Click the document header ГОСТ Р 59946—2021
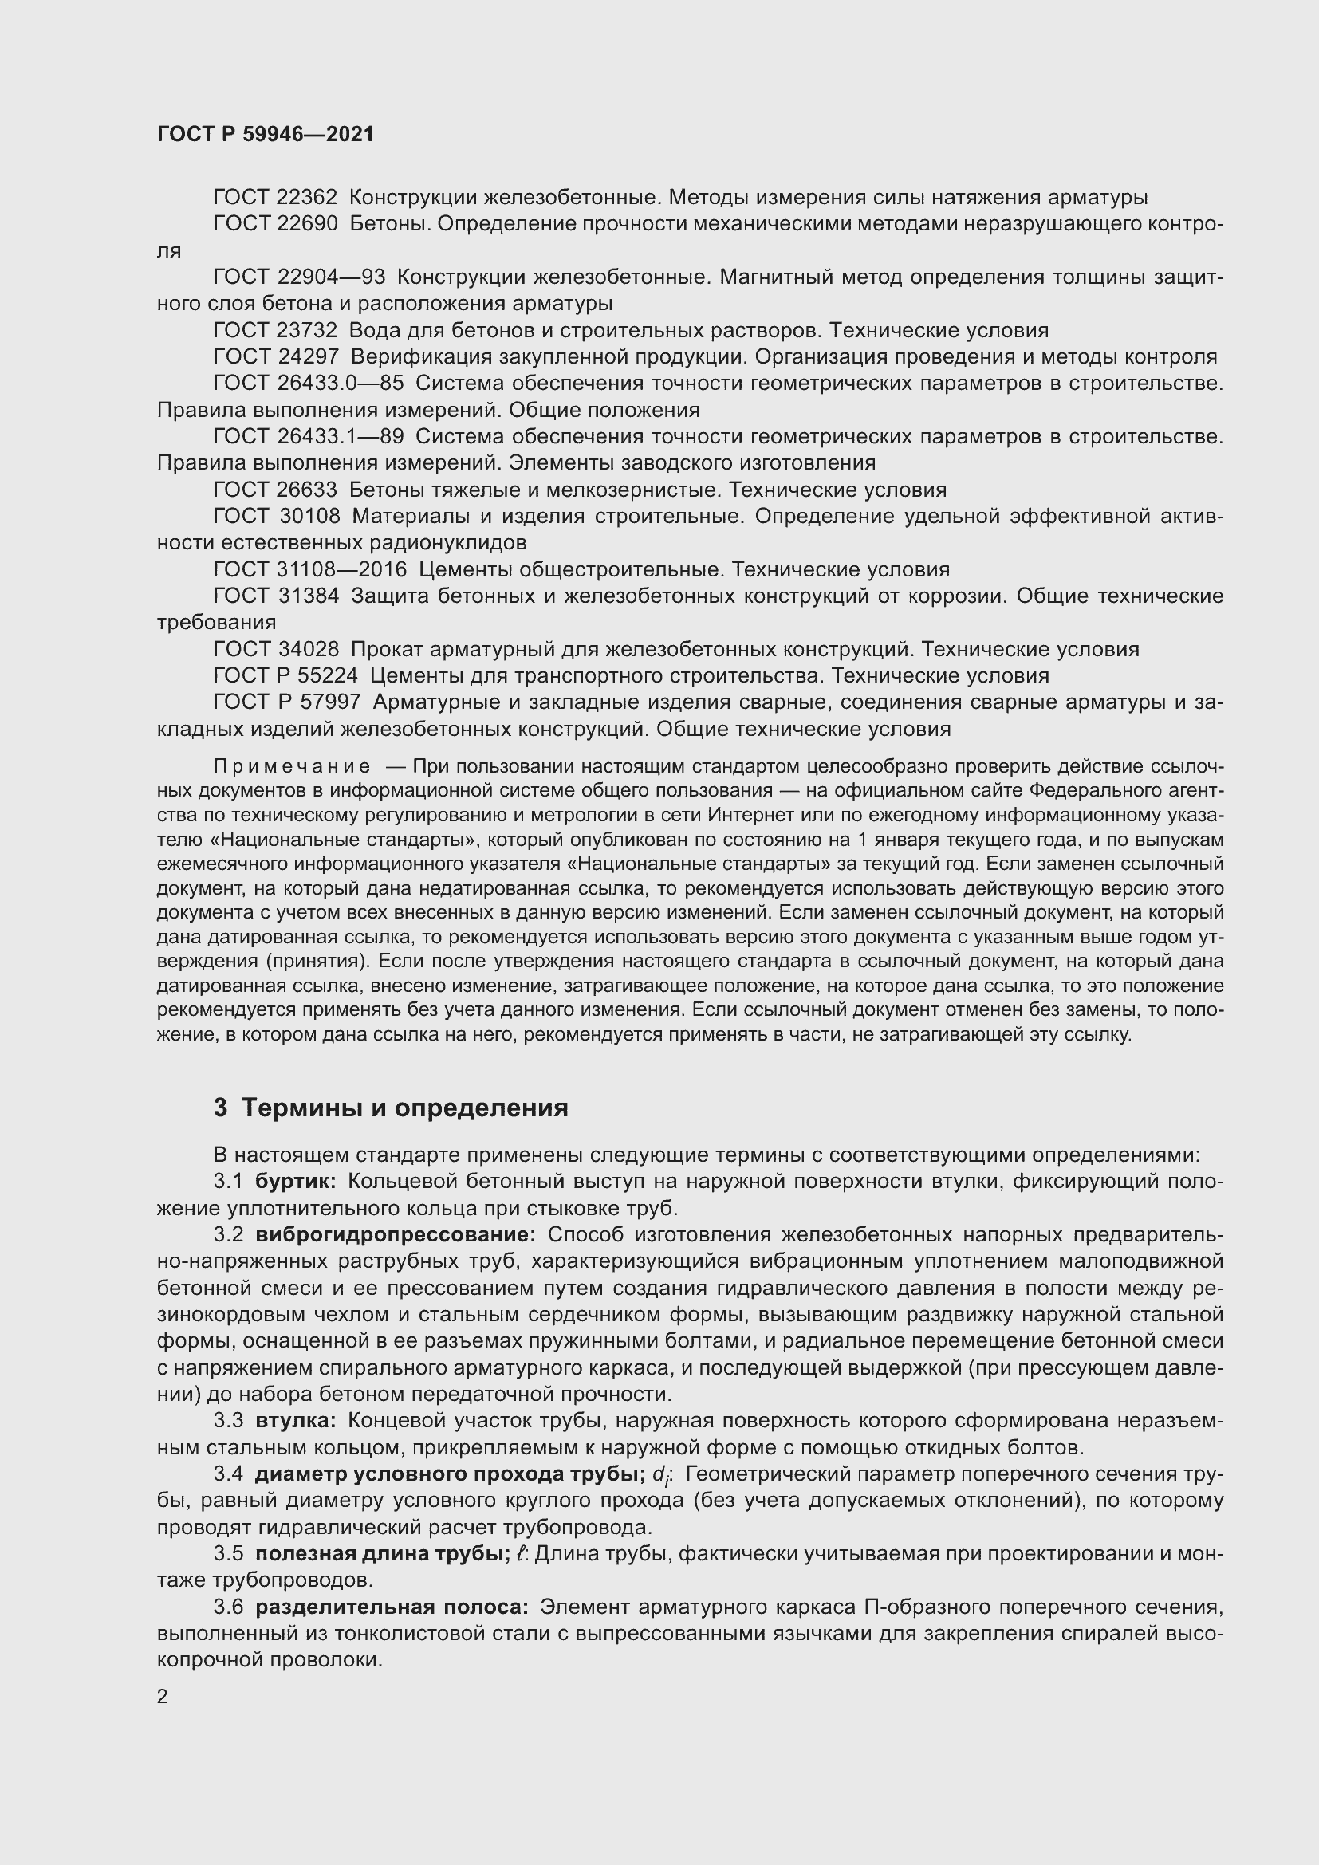(x=266, y=134)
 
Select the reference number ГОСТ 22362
(x=275, y=198)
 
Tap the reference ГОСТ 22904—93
(x=299, y=277)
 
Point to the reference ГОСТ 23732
(x=275, y=331)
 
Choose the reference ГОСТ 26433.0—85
(x=309, y=384)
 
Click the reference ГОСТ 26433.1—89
(x=309, y=437)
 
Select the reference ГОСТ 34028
(x=276, y=650)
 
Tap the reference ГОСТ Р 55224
(x=286, y=676)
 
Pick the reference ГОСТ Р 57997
(x=286, y=702)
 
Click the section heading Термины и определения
(x=404, y=1108)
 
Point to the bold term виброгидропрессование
(x=396, y=1234)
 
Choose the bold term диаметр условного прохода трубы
(x=450, y=1474)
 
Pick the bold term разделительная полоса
(x=392, y=1607)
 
